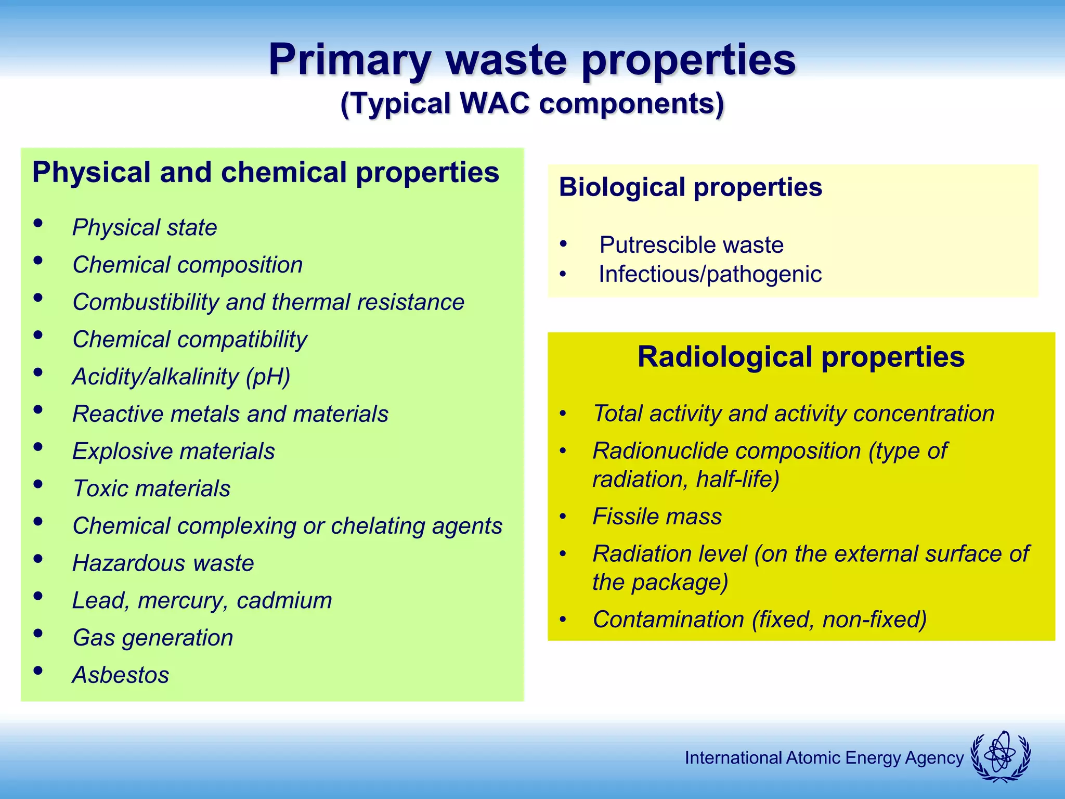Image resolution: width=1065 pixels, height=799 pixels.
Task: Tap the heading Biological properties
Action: pos(690,187)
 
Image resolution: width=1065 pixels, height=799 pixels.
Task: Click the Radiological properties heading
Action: pos(801,357)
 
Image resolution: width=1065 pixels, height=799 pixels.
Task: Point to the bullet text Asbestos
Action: pos(121,675)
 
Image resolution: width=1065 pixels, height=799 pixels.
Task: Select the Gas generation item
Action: pos(153,638)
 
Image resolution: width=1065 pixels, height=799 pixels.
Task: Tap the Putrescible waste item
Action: pos(691,245)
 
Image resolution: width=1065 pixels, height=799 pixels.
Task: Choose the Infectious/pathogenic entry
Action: pos(710,274)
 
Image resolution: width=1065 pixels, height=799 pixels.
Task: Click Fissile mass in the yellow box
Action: pos(657,517)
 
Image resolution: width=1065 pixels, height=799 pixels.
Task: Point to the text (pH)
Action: pos(268,377)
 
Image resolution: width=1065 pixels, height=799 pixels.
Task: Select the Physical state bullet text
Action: pos(145,227)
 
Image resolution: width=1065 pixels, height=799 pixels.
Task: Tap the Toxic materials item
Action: pos(151,488)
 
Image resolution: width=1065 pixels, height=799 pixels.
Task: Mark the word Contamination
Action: pos(668,620)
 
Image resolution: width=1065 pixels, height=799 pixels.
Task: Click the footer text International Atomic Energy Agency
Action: pos(824,758)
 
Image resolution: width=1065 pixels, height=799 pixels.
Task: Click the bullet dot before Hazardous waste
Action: pos(38,559)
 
